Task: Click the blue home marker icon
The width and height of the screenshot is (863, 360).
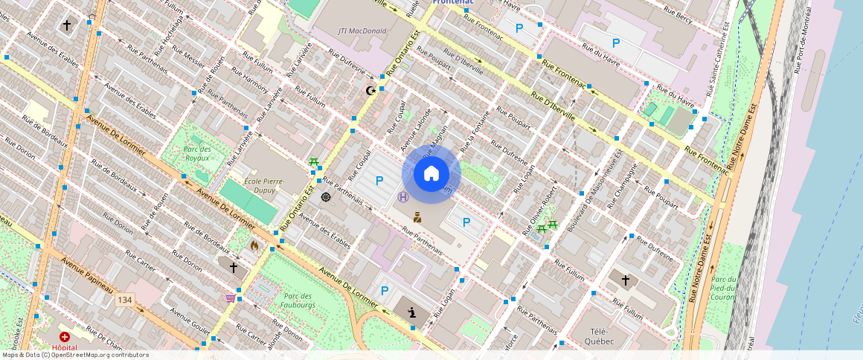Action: [431, 174]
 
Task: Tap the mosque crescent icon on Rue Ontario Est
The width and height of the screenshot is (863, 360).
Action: [370, 91]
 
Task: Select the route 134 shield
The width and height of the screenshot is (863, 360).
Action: [124, 300]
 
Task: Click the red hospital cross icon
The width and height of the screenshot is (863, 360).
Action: [65, 337]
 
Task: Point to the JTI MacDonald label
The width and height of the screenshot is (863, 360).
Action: [362, 30]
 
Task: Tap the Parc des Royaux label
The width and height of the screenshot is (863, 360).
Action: [197, 153]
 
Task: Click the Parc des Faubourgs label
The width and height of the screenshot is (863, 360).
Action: [299, 300]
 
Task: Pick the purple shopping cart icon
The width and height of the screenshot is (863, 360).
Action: [231, 298]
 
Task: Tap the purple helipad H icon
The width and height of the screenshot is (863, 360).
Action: [403, 197]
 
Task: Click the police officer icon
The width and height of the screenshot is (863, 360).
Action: [418, 217]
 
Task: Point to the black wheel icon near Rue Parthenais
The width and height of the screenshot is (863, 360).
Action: [326, 197]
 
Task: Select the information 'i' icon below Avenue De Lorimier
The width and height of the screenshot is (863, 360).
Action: [411, 312]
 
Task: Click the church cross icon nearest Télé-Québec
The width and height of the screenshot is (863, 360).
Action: [626, 280]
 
